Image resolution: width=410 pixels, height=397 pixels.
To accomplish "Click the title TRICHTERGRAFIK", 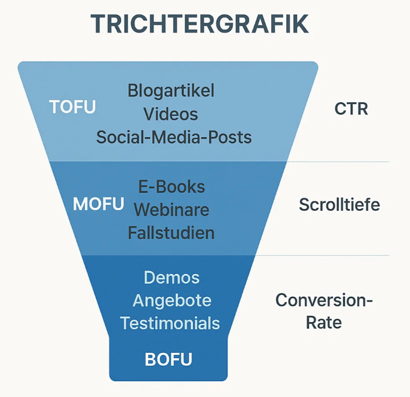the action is click(200, 24).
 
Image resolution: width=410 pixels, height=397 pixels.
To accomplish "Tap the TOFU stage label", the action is click(73, 107).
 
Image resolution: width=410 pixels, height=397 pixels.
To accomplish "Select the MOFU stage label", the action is click(99, 204).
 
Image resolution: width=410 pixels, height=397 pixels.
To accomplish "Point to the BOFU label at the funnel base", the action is click(168, 359).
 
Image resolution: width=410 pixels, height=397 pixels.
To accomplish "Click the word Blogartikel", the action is click(171, 91).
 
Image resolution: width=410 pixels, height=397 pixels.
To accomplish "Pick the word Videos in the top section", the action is click(171, 114).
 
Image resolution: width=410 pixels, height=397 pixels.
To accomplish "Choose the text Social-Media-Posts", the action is click(174, 137).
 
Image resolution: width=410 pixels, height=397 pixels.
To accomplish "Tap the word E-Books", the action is click(172, 187).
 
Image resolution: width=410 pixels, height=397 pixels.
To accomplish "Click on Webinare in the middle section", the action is click(171, 210).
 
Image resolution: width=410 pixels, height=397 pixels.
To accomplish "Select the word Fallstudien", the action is click(171, 233).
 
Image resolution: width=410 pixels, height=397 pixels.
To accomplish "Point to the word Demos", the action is click(172, 277).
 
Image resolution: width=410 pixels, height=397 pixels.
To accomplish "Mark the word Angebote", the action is click(172, 301).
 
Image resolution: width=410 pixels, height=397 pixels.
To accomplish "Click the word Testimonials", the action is click(170, 323).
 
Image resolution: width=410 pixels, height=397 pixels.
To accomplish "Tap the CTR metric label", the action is click(351, 109).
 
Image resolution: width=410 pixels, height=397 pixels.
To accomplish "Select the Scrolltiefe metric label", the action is click(339, 204).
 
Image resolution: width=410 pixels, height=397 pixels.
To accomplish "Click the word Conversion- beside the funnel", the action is click(324, 300).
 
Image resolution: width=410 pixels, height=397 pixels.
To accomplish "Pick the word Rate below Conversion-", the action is click(323, 323).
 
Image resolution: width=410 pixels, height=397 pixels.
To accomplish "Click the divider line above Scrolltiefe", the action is click(338, 162).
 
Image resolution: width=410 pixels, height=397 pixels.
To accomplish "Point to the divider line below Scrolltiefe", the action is click(322, 255).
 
